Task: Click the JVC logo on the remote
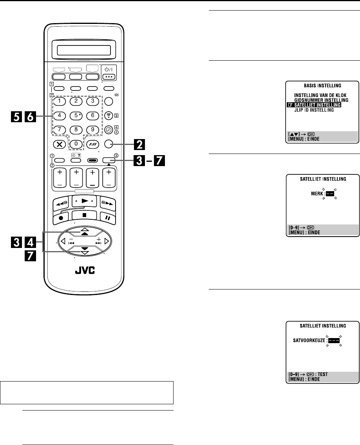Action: (83, 271)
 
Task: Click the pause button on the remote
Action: (107, 216)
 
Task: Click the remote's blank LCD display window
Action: (83, 50)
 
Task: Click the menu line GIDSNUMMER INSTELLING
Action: (321, 100)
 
